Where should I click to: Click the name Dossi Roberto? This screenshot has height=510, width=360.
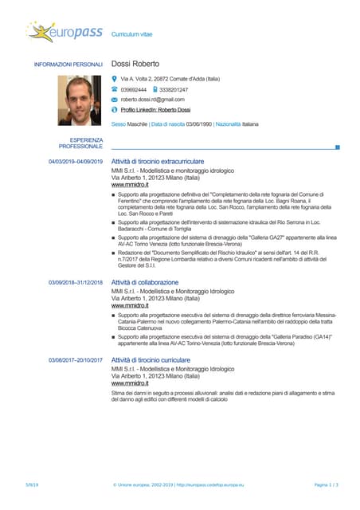click(x=135, y=64)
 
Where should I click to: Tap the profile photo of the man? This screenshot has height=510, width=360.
click(x=80, y=100)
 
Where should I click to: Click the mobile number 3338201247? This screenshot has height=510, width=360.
click(x=174, y=90)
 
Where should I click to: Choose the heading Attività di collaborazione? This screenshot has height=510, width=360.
click(x=145, y=282)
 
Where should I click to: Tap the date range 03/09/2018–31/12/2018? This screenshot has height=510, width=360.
click(x=76, y=283)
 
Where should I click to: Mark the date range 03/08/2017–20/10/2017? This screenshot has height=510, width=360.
click(x=76, y=361)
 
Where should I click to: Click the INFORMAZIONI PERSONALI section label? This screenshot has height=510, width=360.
click(x=68, y=64)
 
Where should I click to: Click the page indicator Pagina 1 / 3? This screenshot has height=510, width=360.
click(x=327, y=484)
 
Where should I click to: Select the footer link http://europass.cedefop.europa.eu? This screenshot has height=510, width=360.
click(x=209, y=484)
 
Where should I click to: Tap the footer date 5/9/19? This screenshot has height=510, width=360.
click(x=32, y=484)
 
